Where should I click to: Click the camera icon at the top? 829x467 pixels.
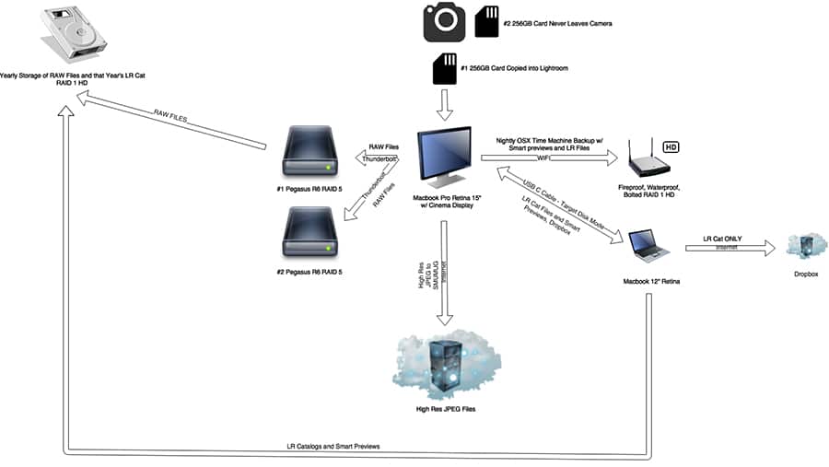pos(444,22)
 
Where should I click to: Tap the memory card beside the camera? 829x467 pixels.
pos(485,22)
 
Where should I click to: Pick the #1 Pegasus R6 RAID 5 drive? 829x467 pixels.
pos(310,154)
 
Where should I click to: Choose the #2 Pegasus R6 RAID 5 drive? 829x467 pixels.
pos(310,232)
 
